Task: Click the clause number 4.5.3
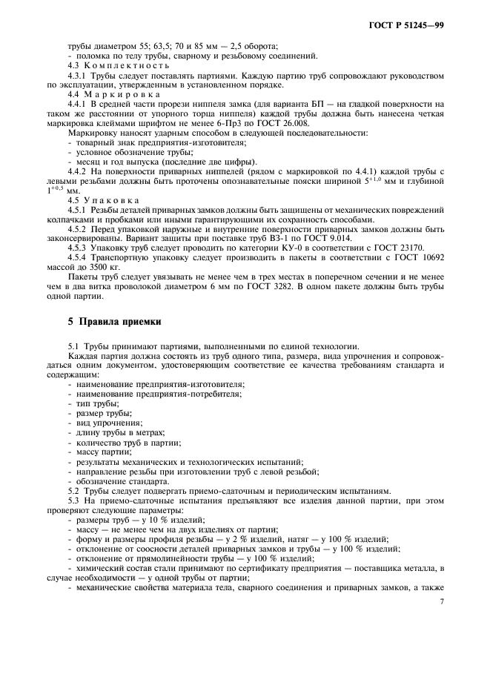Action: coord(79,248)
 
